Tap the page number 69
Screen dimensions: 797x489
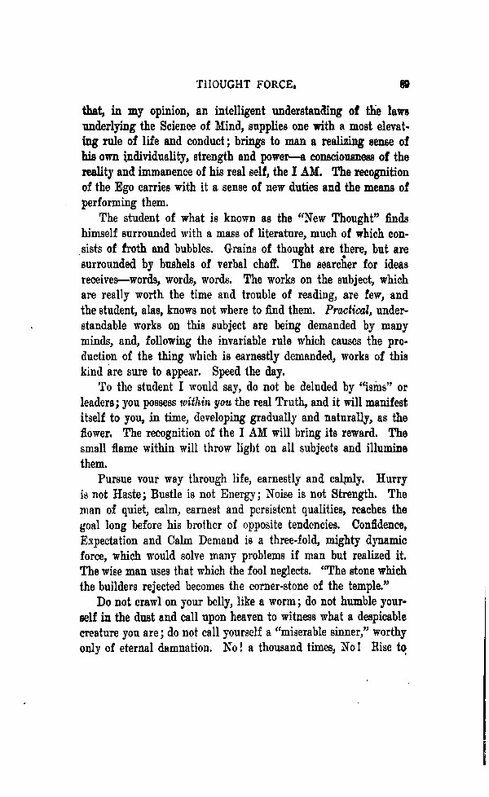pos(403,81)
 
